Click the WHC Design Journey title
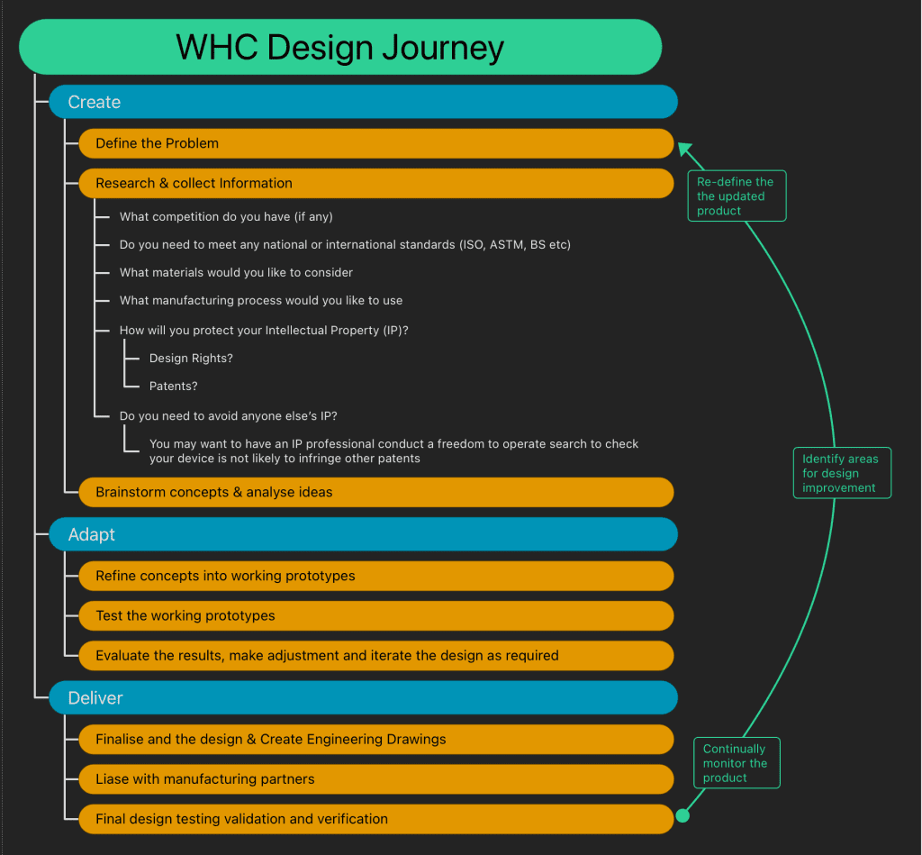click(x=340, y=47)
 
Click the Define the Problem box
click(x=375, y=143)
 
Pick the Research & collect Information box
click(x=375, y=183)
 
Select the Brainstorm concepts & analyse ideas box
click(x=375, y=492)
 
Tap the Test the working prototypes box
click(x=375, y=615)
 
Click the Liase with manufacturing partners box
click(x=375, y=778)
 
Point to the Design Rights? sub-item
click(x=191, y=359)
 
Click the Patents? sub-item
click(x=173, y=387)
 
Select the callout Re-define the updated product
click(x=736, y=196)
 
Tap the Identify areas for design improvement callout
click(x=841, y=473)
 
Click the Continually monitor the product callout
click(x=736, y=763)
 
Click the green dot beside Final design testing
click(x=682, y=815)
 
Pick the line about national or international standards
click(x=345, y=245)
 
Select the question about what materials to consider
click(x=236, y=273)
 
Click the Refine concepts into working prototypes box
click(x=375, y=576)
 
